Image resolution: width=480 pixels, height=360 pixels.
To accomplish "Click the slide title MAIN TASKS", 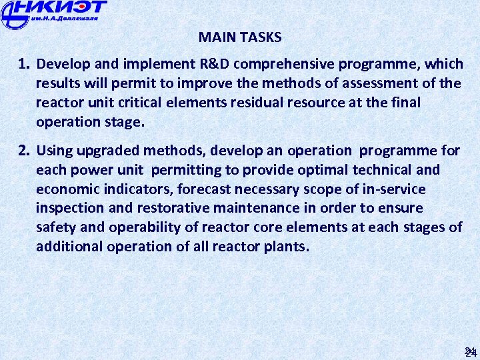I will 240,37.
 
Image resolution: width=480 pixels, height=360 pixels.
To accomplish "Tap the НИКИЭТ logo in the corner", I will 53,13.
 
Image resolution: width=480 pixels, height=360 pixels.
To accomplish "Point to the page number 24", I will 470,351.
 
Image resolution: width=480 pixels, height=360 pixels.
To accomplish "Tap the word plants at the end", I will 287,247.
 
